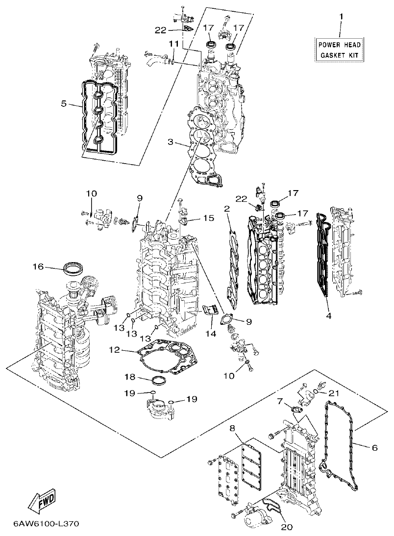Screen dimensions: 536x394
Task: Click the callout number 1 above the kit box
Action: point(341,17)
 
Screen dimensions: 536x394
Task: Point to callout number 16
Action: point(38,267)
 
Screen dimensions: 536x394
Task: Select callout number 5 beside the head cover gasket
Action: point(64,104)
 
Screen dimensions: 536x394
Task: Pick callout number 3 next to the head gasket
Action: point(170,142)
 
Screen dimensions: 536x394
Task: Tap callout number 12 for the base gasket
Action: point(114,351)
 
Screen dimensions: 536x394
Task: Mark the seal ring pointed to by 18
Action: point(158,381)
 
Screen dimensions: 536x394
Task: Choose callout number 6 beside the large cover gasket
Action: point(375,447)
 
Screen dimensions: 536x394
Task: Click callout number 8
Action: point(233,428)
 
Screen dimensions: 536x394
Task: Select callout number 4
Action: point(329,316)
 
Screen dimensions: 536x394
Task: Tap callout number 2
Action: point(227,209)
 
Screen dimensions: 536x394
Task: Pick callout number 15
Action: point(208,218)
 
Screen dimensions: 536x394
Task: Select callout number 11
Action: point(173,45)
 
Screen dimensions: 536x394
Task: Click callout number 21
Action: point(334,393)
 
